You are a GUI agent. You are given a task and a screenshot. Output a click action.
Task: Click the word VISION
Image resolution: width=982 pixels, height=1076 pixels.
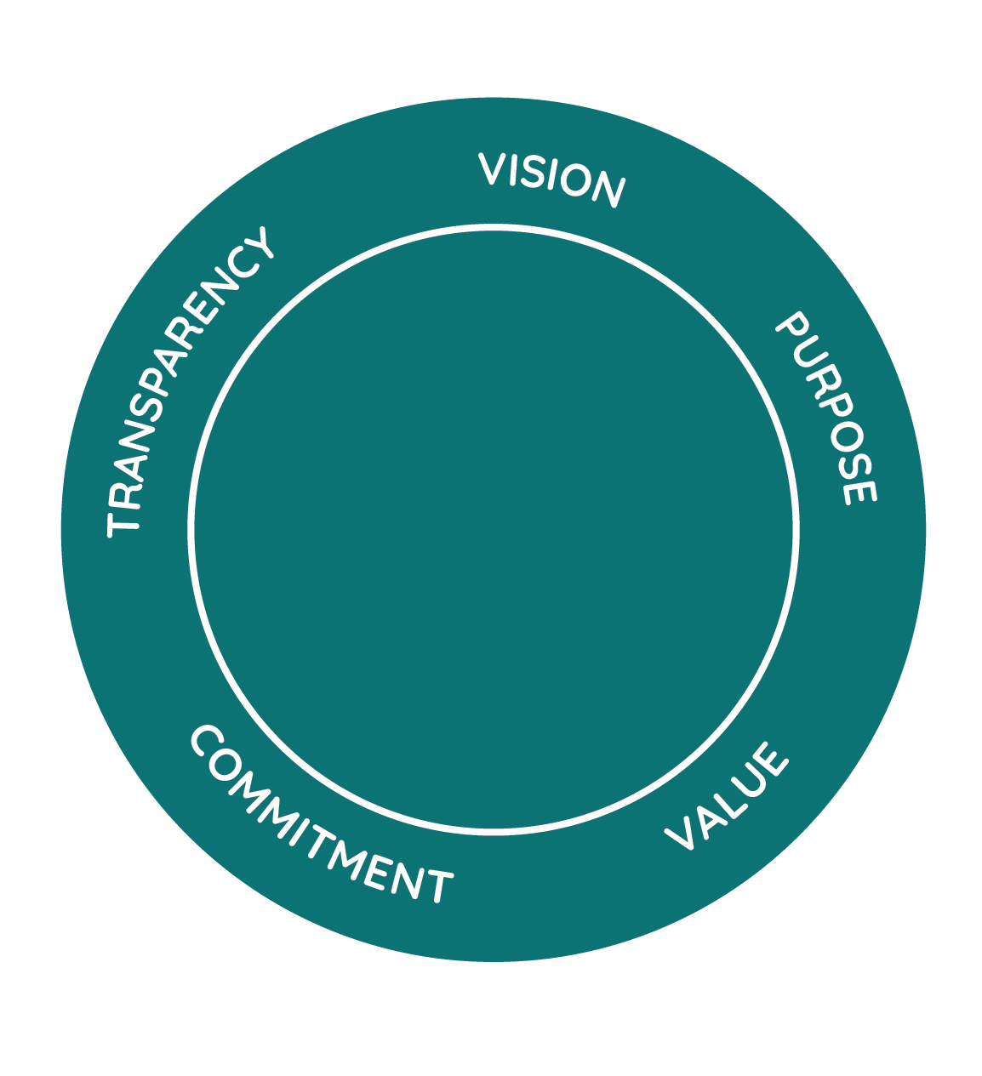click(551, 179)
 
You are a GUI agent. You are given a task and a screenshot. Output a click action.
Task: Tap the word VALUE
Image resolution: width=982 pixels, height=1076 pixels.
click(727, 797)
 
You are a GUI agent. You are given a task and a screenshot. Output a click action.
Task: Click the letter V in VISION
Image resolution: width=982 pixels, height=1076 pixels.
click(492, 168)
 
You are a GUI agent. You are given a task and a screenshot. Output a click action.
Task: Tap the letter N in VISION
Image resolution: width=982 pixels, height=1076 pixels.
click(608, 189)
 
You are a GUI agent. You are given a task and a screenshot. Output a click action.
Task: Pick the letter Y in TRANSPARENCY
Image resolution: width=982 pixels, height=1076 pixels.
click(258, 242)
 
